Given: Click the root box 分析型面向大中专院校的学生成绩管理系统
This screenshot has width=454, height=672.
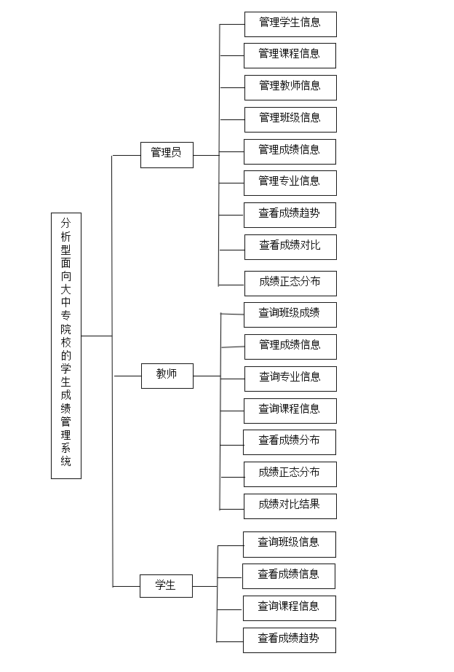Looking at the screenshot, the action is pos(66,345).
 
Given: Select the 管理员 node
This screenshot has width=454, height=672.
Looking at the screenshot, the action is pos(167,155).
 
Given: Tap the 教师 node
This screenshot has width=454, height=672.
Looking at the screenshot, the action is pos(167,376).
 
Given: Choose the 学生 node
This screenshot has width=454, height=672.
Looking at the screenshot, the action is pos(166,586).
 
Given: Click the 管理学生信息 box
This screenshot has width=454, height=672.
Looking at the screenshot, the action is pos(290,25).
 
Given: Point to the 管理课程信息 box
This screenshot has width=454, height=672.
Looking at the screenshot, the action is pos(290,56).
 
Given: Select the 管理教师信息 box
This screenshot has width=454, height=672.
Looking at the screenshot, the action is pos(290,87).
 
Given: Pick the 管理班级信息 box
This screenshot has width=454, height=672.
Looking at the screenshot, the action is pos(290,119).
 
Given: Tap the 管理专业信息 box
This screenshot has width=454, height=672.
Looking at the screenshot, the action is pos(290,183).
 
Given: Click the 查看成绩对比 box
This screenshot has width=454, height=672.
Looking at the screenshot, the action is pos(290,247).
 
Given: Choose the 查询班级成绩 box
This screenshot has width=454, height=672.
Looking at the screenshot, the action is pos(290,315).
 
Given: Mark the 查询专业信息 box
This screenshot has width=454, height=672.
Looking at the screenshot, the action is pos(290,379).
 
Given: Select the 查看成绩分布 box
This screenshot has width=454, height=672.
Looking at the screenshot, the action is pos(290,442).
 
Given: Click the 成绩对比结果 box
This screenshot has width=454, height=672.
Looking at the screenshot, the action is pos(290,506).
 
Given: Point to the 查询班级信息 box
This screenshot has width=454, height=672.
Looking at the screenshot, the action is pos(290,545).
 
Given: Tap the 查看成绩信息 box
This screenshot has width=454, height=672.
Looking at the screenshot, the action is pos(289,576).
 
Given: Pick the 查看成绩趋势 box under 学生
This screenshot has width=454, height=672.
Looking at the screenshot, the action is pos(290,640).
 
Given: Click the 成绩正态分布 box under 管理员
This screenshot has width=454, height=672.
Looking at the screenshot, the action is pos(290,283).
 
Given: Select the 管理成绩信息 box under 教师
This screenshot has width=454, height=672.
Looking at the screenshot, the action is pos(290,347).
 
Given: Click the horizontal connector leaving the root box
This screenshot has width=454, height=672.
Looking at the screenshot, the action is pos(97,336).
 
